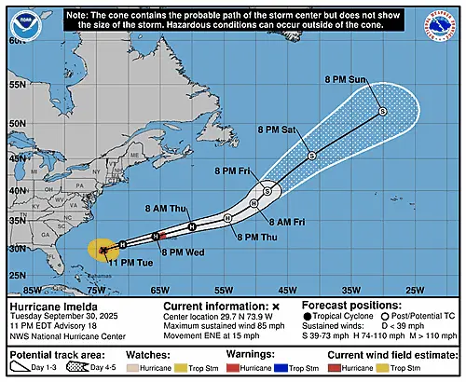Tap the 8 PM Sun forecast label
click(347, 79)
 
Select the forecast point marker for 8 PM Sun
click(383, 111)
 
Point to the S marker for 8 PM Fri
click(267, 190)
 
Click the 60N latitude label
click(17, 42)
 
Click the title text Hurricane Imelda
click(48, 305)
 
